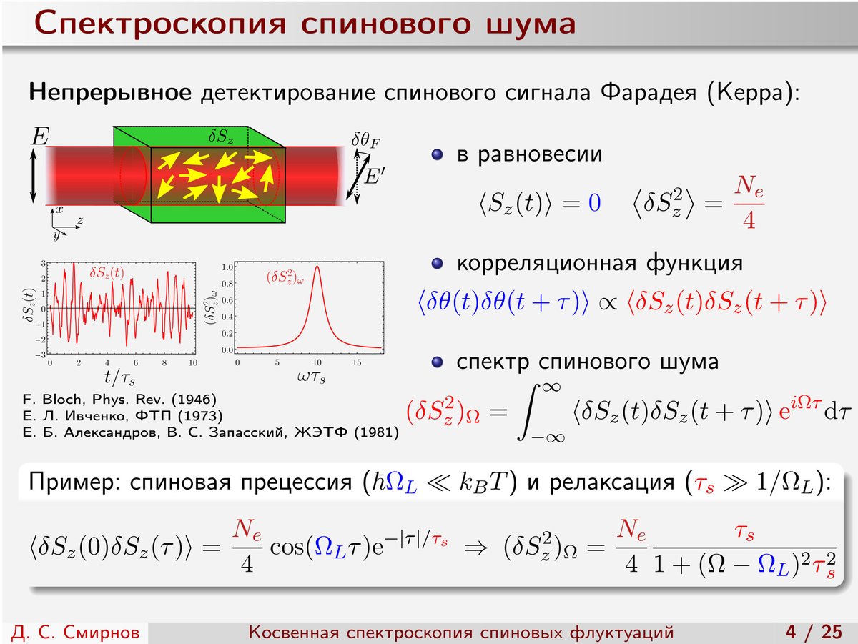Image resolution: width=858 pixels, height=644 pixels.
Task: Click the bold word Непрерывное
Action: (x=110, y=93)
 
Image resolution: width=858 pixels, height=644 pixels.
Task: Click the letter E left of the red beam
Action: (x=40, y=137)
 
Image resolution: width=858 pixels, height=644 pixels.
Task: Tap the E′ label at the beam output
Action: (x=374, y=176)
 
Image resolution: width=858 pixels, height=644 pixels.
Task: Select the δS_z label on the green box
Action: (x=221, y=137)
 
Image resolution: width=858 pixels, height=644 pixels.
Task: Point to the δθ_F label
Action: (x=365, y=141)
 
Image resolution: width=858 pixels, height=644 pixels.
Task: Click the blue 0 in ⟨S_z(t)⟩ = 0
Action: (x=594, y=203)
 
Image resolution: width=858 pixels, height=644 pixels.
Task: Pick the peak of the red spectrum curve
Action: (x=317, y=267)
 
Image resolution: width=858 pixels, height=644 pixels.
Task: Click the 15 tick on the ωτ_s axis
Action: (x=357, y=362)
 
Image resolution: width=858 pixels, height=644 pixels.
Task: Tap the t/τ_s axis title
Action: (x=119, y=377)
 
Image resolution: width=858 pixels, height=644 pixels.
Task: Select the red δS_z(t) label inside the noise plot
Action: (x=107, y=273)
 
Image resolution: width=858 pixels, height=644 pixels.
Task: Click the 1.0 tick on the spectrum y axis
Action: (x=227, y=267)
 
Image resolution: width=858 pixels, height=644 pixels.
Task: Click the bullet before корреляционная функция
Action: (x=437, y=264)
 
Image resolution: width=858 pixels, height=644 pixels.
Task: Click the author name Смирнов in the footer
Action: (x=102, y=632)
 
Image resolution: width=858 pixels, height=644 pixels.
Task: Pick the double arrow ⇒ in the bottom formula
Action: (x=475, y=548)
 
